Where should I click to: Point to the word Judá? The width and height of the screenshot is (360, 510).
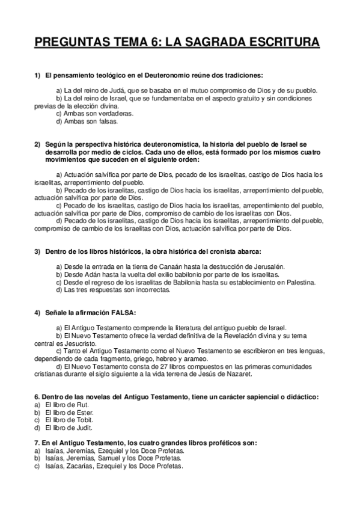(x=103, y=90)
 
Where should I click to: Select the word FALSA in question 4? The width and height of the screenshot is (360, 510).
(x=123, y=313)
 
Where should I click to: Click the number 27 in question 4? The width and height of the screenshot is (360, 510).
(x=148, y=366)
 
